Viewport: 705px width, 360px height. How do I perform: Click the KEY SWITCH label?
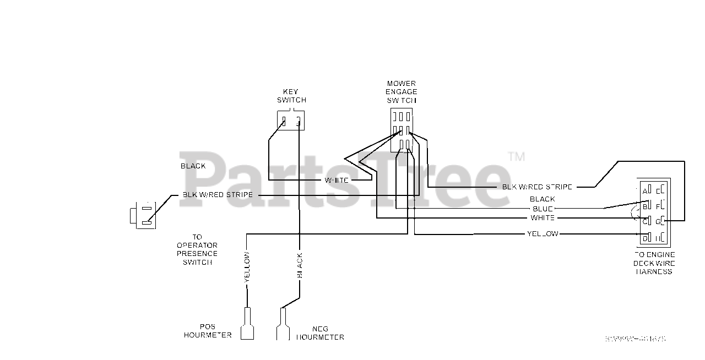[291, 96]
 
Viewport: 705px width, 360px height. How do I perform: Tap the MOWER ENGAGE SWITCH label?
[402, 92]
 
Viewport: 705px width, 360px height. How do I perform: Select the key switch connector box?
[291, 121]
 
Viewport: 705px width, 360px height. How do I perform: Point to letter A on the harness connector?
[644, 191]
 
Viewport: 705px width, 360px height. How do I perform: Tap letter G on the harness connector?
[658, 221]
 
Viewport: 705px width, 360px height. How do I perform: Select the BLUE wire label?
[543, 209]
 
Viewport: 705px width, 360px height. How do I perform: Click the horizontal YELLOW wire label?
[543, 233]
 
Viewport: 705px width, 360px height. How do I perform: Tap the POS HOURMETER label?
[208, 331]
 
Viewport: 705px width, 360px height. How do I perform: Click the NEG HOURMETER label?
[320, 333]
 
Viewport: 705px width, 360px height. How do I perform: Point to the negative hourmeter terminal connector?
[283, 325]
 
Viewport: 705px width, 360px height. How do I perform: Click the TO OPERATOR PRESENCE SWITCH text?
[197, 249]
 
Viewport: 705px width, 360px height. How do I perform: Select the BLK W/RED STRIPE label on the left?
[218, 195]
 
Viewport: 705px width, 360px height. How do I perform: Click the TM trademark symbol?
[516, 157]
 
